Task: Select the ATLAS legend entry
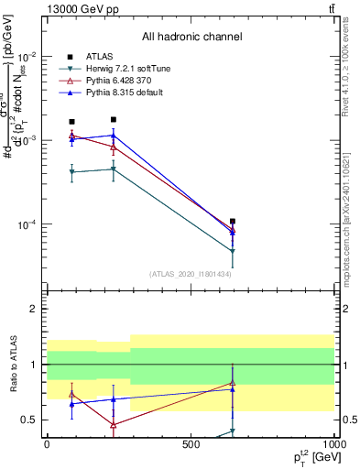(101, 57)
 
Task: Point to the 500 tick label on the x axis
(191, 443)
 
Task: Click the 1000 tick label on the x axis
(334, 443)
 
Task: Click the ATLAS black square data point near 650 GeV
(233, 222)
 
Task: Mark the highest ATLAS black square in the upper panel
(114, 119)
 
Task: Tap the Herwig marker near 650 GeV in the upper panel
(233, 251)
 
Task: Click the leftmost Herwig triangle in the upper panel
(71, 172)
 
